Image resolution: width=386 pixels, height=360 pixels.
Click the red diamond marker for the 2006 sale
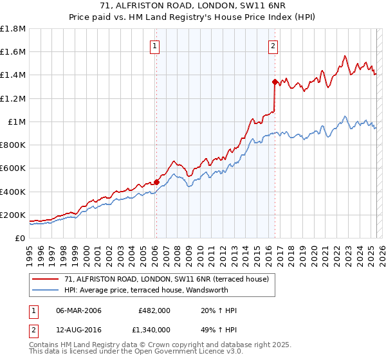(156, 182)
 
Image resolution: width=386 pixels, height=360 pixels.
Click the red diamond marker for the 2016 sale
(275, 82)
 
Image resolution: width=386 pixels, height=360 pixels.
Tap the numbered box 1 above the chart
(156, 45)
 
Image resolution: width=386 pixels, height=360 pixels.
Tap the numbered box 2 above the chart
(273, 45)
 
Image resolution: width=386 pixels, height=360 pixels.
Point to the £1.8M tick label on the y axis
(13, 29)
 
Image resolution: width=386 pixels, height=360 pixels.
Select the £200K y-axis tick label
(13, 215)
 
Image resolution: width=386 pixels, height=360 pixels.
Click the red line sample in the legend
(45, 279)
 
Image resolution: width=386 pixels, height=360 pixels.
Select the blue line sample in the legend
(45, 290)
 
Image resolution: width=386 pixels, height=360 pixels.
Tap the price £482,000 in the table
(154, 310)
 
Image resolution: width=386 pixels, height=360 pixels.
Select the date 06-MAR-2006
(79, 310)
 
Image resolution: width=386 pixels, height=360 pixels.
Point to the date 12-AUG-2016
(79, 331)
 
